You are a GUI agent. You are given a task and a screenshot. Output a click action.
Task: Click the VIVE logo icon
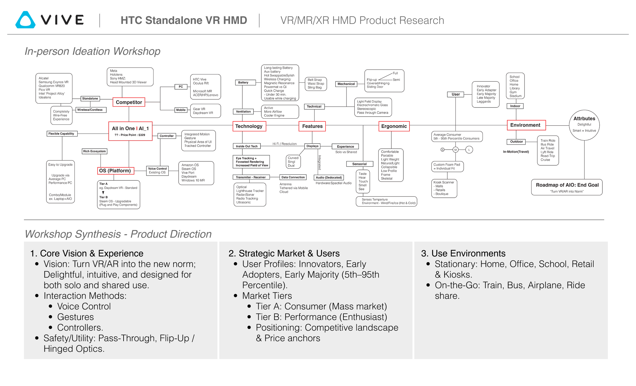[x=25, y=20]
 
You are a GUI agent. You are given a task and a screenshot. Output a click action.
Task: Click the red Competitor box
[x=129, y=102]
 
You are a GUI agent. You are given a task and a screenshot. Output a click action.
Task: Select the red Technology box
[x=249, y=126]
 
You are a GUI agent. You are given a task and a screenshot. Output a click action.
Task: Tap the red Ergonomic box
[x=394, y=126]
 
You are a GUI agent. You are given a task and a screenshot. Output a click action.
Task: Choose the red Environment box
[x=526, y=125]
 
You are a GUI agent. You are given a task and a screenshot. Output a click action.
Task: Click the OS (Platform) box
[x=115, y=171]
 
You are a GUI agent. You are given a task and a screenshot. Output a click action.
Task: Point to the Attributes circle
[x=584, y=125]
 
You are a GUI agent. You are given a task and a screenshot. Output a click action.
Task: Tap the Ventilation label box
[x=243, y=111]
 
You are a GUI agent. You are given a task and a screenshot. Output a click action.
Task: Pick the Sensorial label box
[x=359, y=164]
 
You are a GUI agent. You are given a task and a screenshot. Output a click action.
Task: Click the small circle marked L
[x=469, y=150]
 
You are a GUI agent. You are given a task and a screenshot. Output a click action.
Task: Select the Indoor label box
[x=515, y=106]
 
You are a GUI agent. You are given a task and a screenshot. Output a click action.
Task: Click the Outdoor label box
[x=516, y=142]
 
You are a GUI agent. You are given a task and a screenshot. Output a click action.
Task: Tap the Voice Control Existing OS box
[x=157, y=170]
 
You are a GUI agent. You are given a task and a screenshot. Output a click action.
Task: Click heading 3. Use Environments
[x=463, y=253]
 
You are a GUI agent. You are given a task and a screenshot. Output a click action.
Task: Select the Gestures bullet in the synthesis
[x=75, y=317]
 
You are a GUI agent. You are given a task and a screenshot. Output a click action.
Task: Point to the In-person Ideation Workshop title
[x=92, y=51]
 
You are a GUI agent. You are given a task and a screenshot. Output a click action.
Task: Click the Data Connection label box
[x=293, y=177]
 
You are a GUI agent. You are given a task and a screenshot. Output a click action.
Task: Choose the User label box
[x=455, y=94]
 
